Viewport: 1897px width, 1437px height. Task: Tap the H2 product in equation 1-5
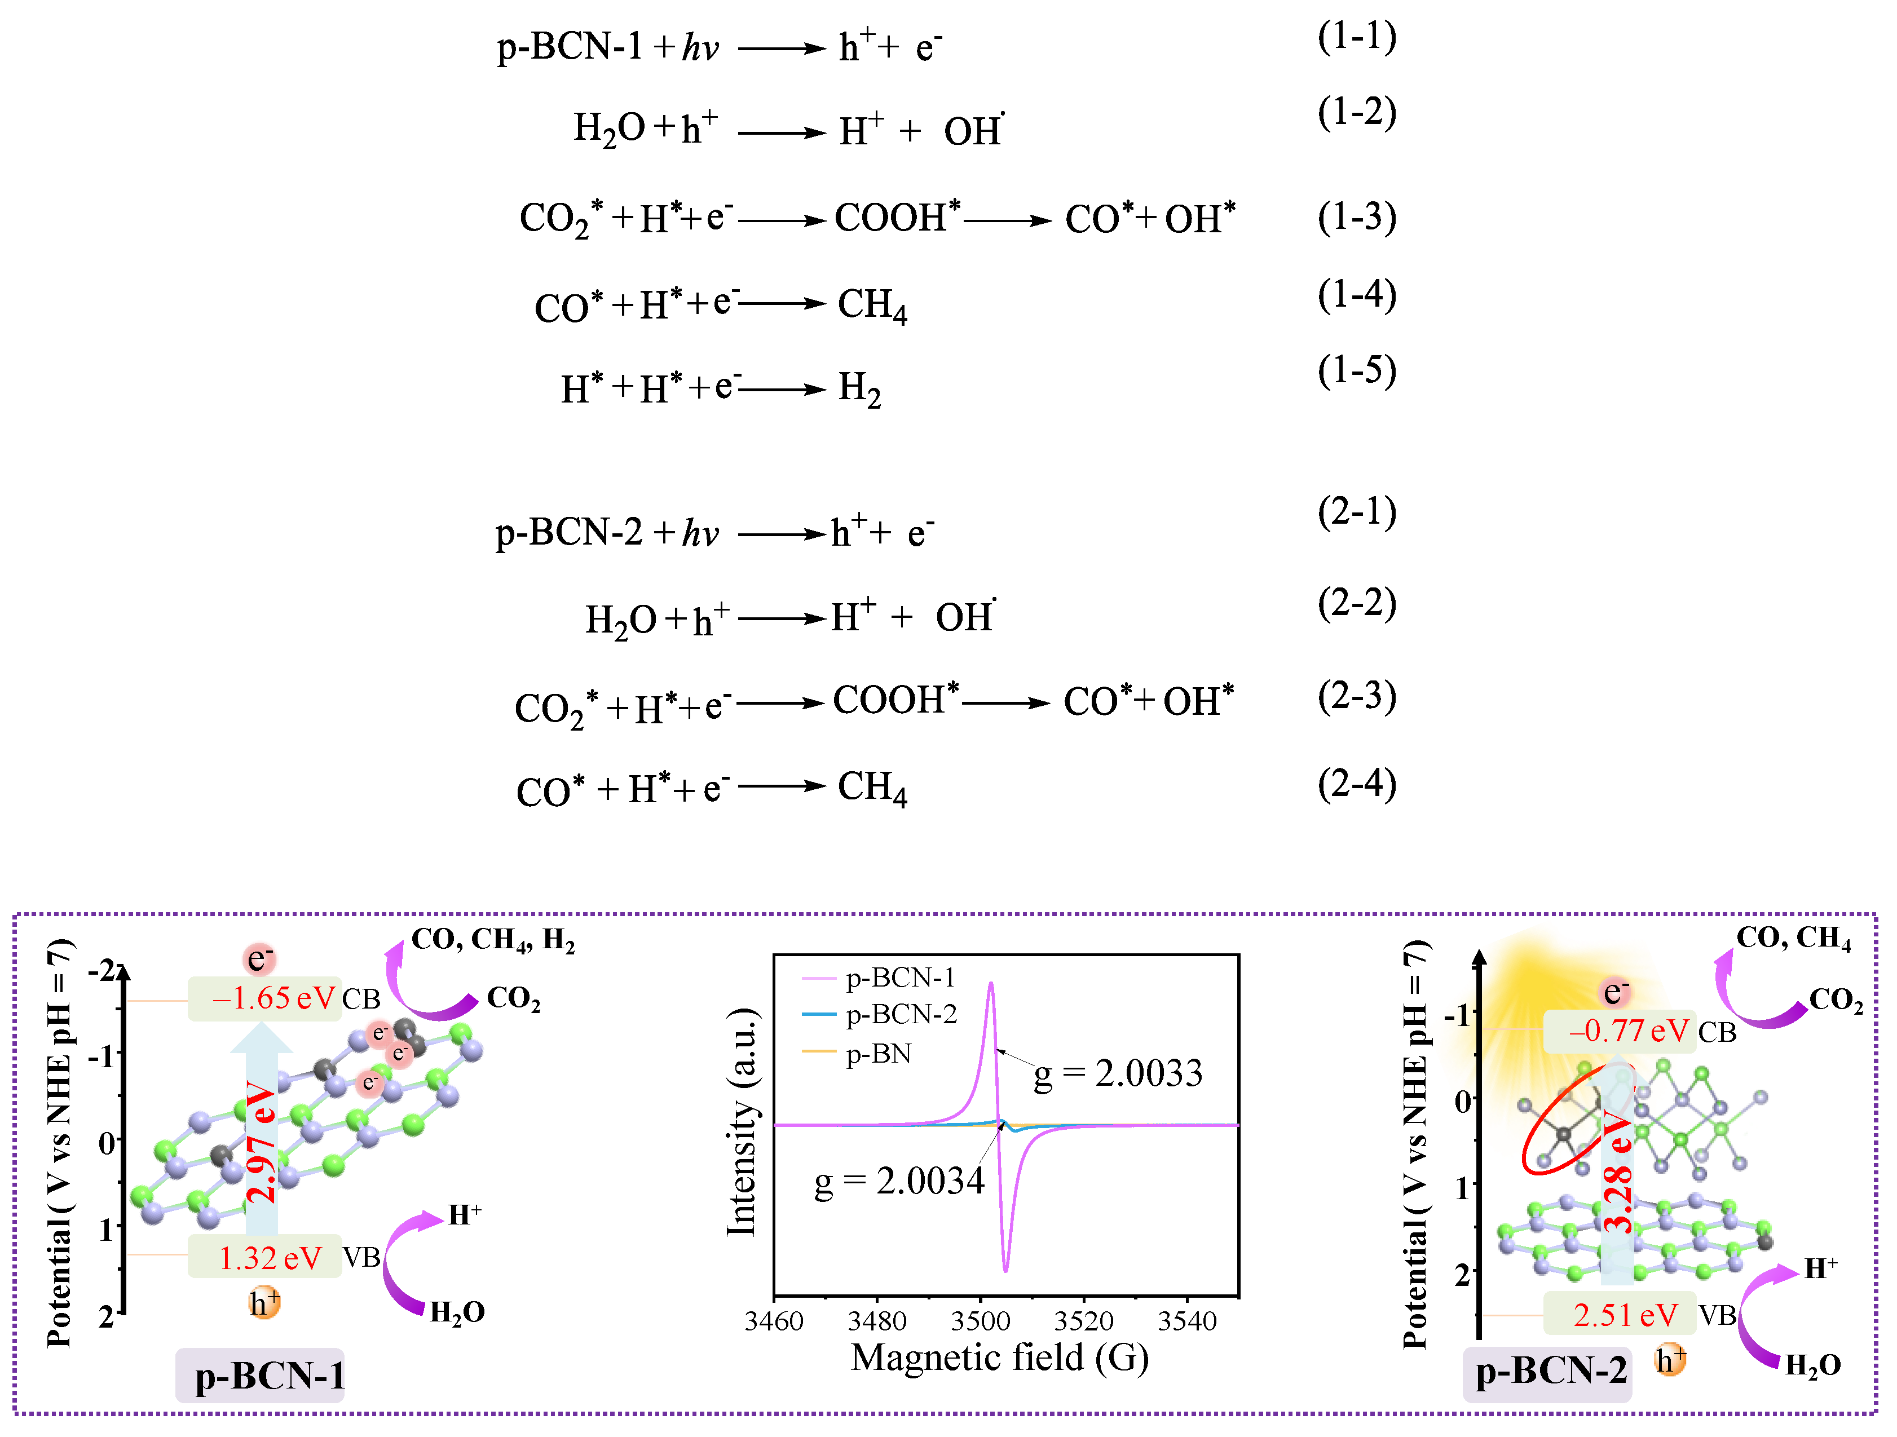coord(859,388)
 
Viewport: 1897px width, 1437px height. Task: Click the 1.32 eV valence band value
coord(270,1258)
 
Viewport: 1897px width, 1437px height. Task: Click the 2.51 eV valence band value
coord(1624,1315)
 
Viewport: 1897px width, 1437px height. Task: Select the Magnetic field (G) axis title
coord(999,1358)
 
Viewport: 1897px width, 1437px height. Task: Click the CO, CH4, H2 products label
coord(493,940)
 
